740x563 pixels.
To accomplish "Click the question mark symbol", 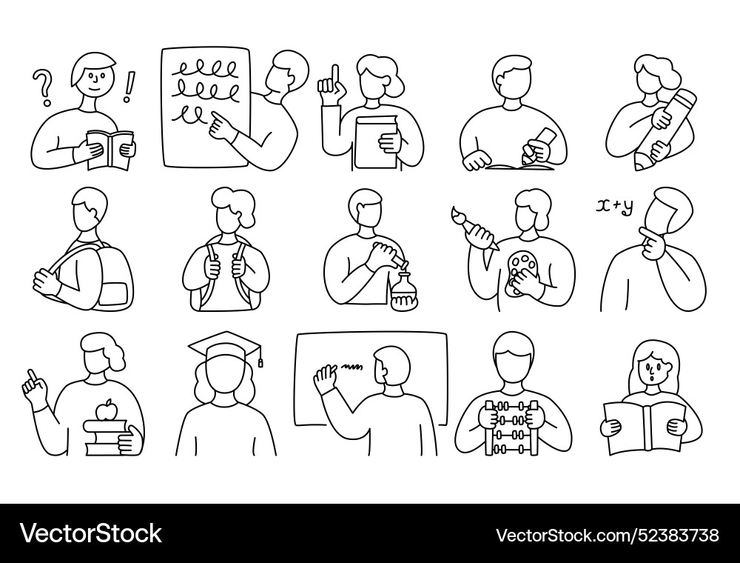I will (x=44, y=87).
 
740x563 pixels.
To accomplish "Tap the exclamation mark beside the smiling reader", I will (x=132, y=86).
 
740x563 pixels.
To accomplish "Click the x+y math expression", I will (x=614, y=207).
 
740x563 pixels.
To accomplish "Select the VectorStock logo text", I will (x=91, y=533).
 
